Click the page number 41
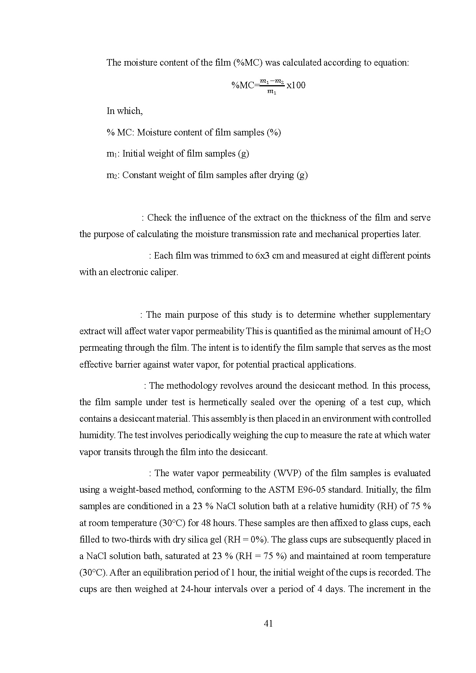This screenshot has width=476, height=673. pyautogui.click(x=268, y=624)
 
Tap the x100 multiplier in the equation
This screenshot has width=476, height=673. pyautogui.click(x=296, y=85)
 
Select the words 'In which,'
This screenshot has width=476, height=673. pyautogui.click(x=125, y=111)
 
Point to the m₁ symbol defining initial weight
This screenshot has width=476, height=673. pyautogui.click(x=112, y=154)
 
